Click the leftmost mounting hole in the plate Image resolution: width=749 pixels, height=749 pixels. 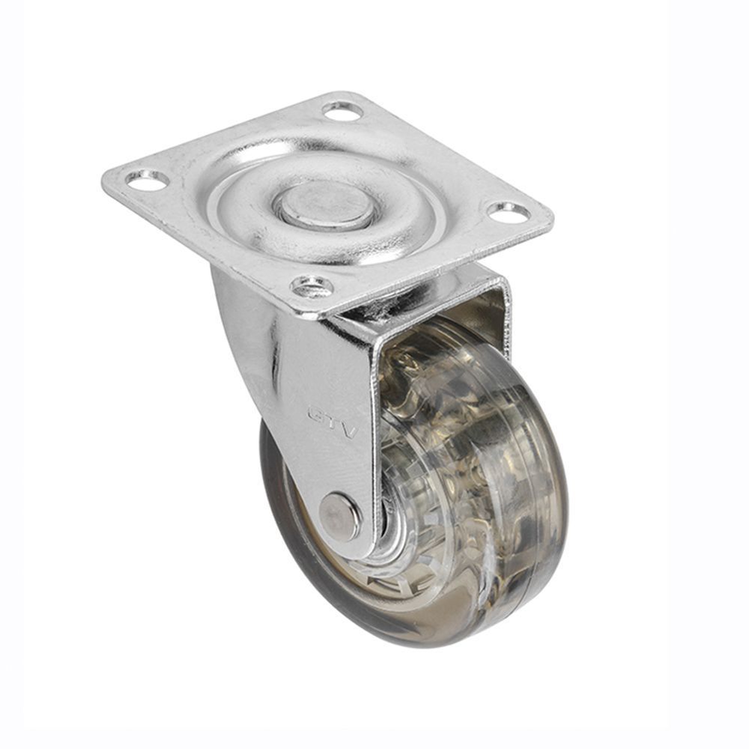tap(148, 181)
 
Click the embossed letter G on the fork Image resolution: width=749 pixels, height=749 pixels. tap(317, 412)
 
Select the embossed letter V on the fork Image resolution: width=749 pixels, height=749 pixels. tap(349, 431)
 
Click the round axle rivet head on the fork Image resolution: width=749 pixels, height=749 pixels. tap(339, 516)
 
